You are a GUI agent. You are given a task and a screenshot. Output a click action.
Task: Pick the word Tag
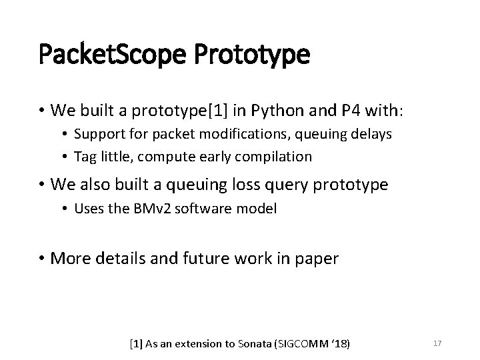click(85, 157)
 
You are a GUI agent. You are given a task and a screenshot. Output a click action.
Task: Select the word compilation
click(271, 157)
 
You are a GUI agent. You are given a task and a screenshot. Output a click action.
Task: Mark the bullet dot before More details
click(42, 258)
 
